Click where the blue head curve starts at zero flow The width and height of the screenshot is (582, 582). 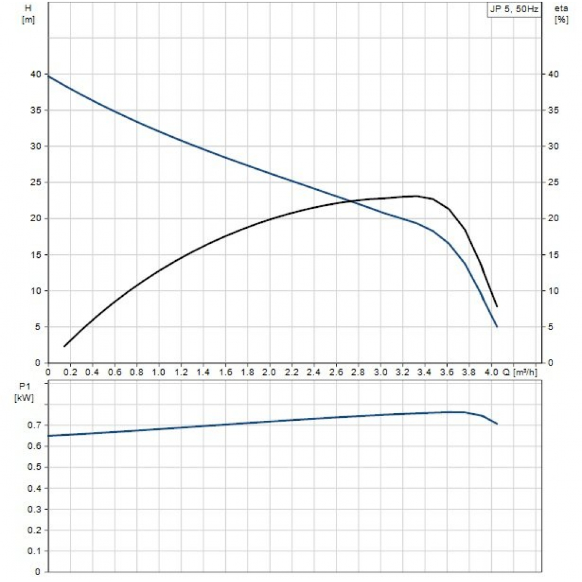pos(48,76)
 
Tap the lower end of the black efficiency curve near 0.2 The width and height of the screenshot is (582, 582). pos(65,346)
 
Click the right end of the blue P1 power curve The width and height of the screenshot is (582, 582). pos(497,424)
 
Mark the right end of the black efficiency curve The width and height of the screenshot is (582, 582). pos(497,306)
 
